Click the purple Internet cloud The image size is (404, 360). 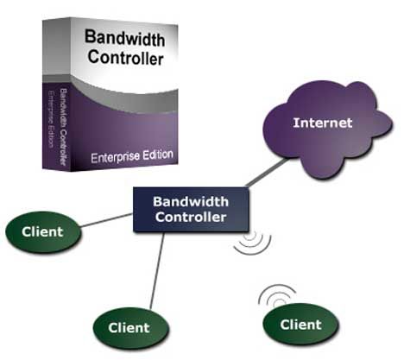point(327,129)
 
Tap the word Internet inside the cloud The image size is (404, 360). point(323,123)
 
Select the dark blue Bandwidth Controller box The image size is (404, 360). point(191,210)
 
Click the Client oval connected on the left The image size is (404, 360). point(43,232)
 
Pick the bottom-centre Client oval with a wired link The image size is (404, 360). point(130,328)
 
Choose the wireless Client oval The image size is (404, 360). point(300,325)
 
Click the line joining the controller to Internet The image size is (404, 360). point(267,173)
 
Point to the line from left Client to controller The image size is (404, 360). point(106,220)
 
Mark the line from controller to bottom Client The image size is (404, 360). point(157,271)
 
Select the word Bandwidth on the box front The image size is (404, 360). point(125,38)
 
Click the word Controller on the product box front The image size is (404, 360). point(126,58)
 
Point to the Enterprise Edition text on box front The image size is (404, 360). point(132,156)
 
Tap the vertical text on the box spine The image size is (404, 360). point(59,127)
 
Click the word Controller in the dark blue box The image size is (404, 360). point(191,218)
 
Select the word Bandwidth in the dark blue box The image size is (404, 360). point(191,202)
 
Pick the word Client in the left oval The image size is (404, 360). point(42,232)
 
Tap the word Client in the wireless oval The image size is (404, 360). point(300,325)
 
